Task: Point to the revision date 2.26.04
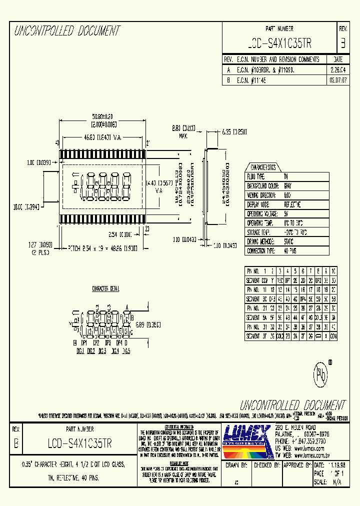pyautogui.click(x=338, y=69)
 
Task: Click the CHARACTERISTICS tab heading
pyautogui.click(x=263, y=167)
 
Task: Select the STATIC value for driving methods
pyautogui.click(x=289, y=241)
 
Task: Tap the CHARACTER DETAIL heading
pyautogui.click(x=105, y=289)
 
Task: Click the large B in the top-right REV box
pyautogui.click(x=342, y=44)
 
